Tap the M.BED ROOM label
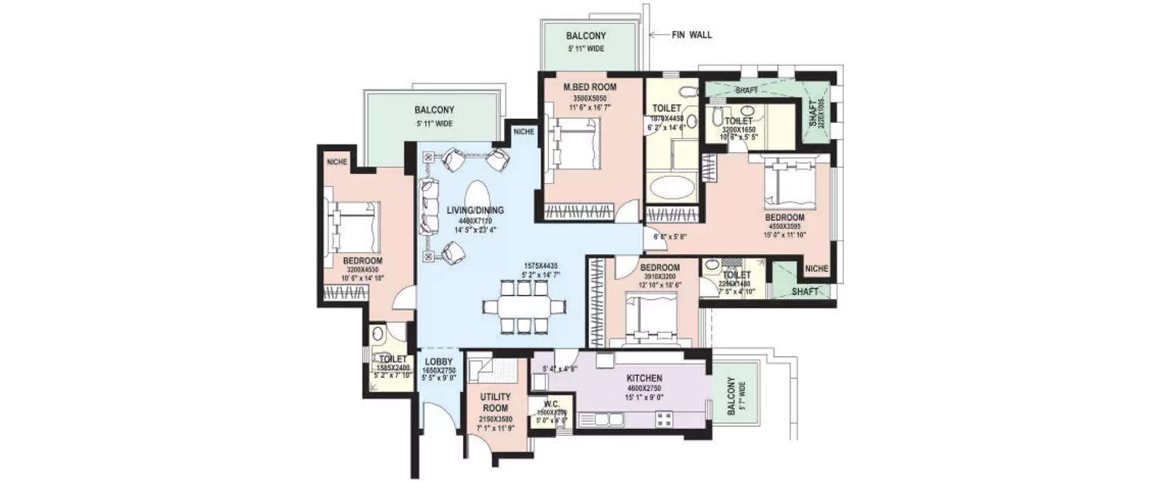coord(589,87)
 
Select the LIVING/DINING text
coord(476,209)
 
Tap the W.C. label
coord(551,402)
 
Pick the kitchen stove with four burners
coord(665,420)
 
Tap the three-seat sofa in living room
coord(429,206)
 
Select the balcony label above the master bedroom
coord(585,36)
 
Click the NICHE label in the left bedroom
coord(336,162)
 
